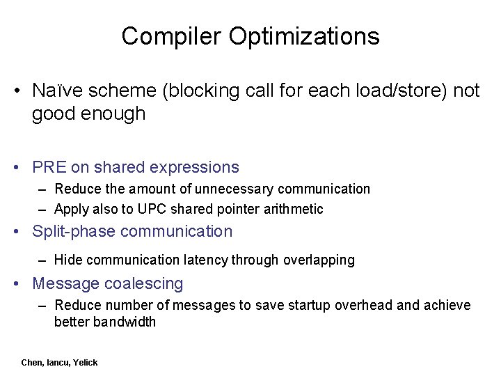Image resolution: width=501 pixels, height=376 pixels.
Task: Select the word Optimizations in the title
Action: (303, 36)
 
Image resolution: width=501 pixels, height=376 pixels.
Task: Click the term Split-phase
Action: (74, 231)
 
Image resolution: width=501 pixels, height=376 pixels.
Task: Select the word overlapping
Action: (319, 260)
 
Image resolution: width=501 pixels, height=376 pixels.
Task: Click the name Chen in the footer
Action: (32, 363)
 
